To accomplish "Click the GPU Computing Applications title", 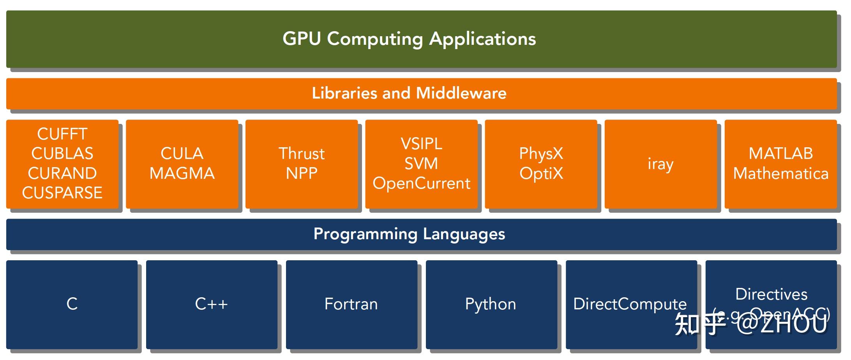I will point(409,39).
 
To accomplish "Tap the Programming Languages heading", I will point(409,234).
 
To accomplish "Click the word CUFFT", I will point(62,134).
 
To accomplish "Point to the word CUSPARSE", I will point(62,193).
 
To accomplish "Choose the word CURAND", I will point(62,173).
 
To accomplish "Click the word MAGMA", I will point(182,173).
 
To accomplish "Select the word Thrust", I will point(302,154).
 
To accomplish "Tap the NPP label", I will point(302,173).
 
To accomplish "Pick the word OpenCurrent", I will point(421,183).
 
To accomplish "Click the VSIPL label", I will point(421,144).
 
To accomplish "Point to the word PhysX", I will point(541,154).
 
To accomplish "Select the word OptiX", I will point(541,173).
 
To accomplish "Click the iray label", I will point(660,164).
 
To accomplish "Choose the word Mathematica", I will point(780,173).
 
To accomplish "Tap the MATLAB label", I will point(780,154).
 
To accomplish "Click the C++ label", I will point(211,304).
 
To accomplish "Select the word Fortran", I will point(351,304).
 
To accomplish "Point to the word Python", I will point(491,304).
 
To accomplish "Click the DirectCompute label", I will point(630,304).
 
